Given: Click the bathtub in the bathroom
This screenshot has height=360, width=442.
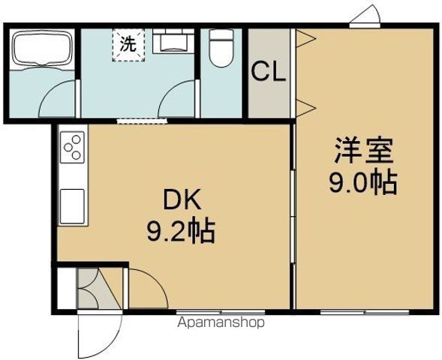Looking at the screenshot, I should [x=41, y=49].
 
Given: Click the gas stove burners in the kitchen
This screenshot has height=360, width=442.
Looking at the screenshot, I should [x=74, y=147].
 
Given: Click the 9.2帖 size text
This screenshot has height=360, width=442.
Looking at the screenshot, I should [x=180, y=231].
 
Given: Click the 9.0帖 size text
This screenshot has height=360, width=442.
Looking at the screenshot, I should [x=364, y=182].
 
